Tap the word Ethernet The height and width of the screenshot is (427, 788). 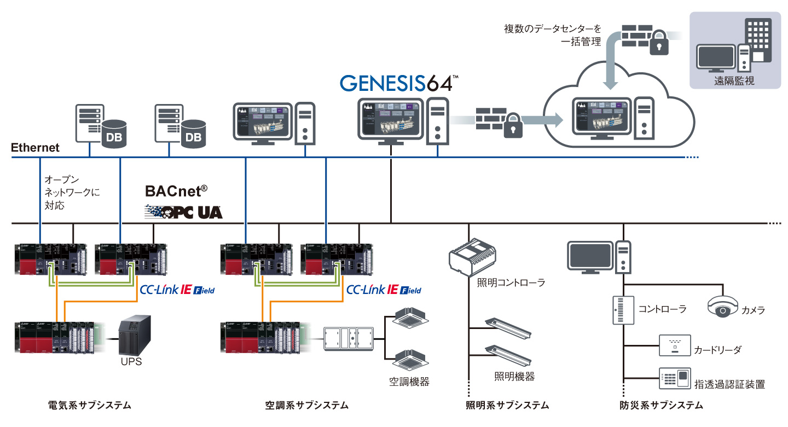pyautogui.click(x=35, y=148)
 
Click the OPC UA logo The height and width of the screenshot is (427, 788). pyautogui.click(x=184, y=212)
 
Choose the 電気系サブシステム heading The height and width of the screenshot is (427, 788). pyautogui.click(x=90, y=406)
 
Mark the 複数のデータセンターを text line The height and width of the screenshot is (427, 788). pyautogui.click(x=552, y=28)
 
